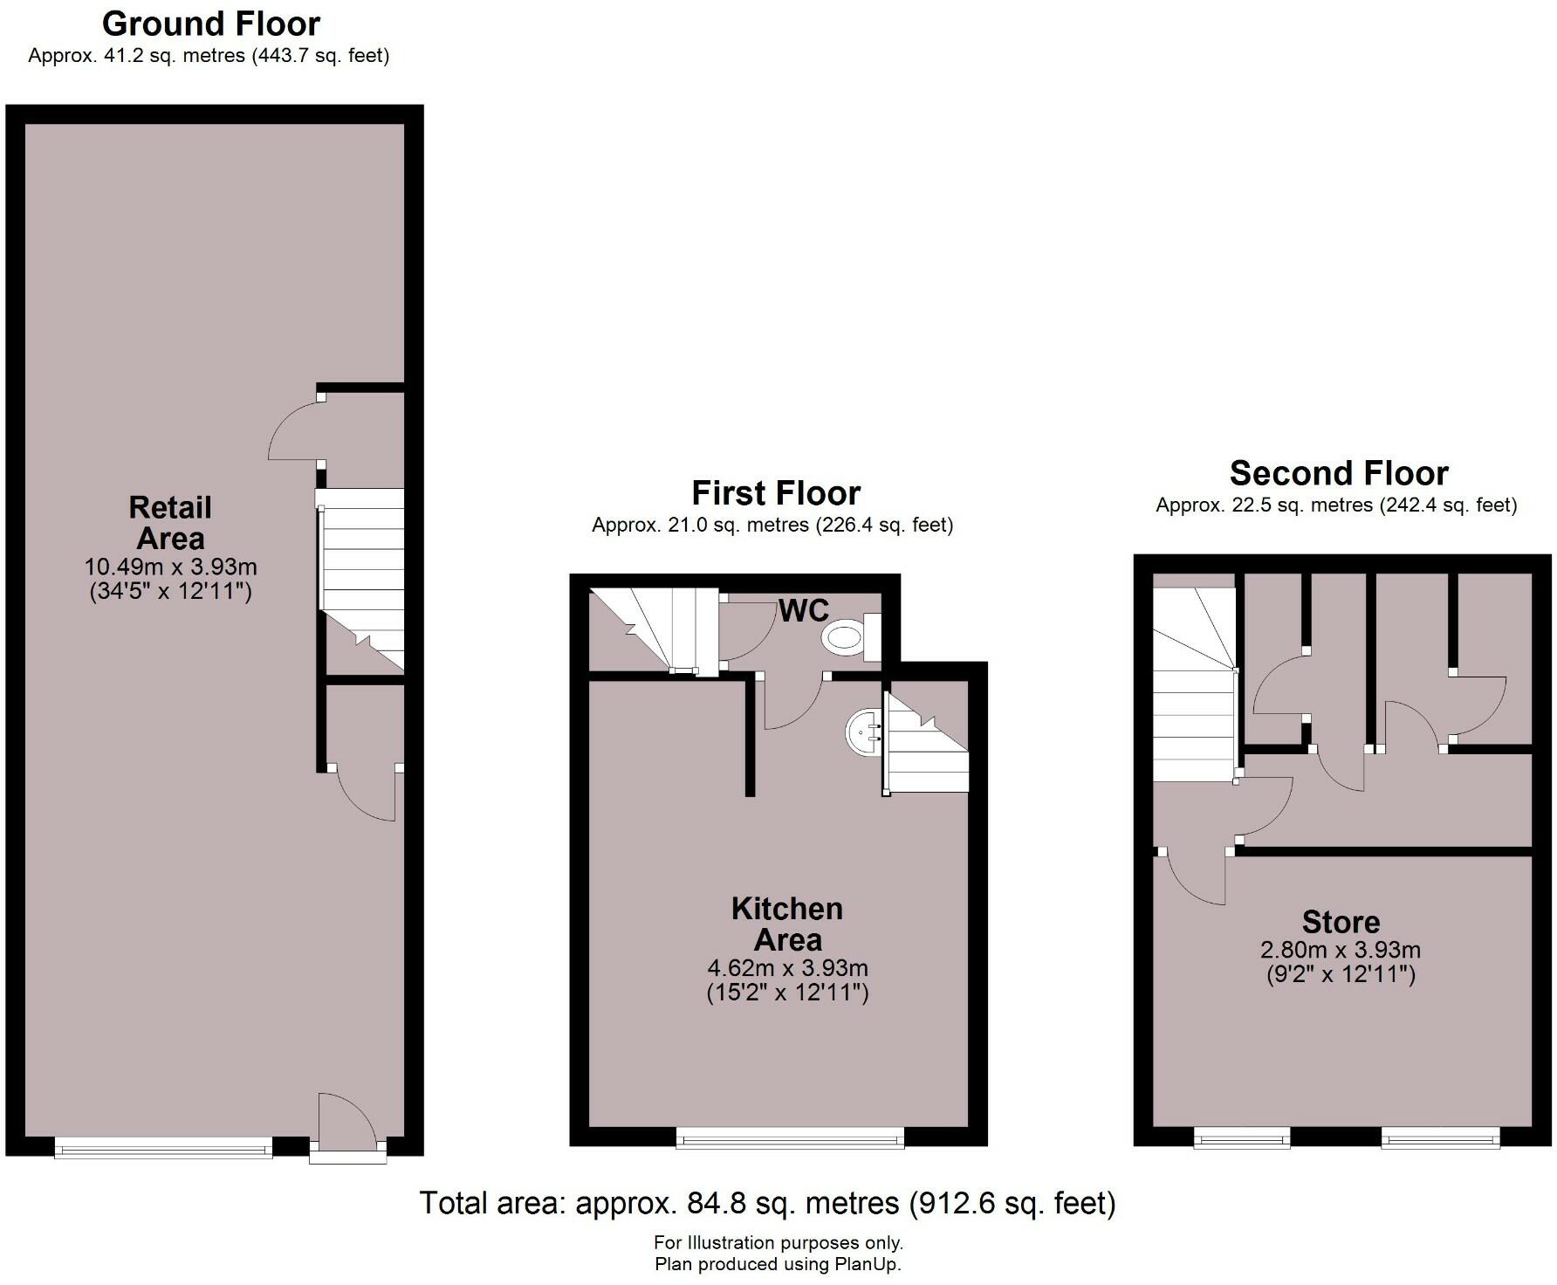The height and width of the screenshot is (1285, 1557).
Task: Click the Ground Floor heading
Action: pos(211,24)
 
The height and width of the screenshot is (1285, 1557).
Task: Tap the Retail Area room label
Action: pos(170,522)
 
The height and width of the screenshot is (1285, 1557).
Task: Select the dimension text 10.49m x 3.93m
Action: pos(170,567)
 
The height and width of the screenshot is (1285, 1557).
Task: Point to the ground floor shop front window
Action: pos(163,1149)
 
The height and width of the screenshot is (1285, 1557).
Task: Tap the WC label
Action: pos(803,611)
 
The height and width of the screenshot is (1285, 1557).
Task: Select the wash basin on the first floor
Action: pos(864,732)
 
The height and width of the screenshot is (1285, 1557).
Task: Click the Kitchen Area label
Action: pos(787,924)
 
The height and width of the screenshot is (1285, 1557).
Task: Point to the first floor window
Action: pos(790,1137)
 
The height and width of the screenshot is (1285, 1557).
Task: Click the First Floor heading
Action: pos(776,493)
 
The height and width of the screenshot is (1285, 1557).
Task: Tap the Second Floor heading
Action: pos(1339,473)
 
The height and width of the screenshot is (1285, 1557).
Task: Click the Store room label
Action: pos(1341,922)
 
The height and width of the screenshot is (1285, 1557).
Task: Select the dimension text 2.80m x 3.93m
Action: pos(1341,950)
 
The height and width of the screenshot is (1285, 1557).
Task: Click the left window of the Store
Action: pos(1241,1137)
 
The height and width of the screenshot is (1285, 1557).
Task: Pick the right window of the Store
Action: pos(1440,1137)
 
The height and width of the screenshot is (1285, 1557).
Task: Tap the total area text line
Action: pos(768,1203)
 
